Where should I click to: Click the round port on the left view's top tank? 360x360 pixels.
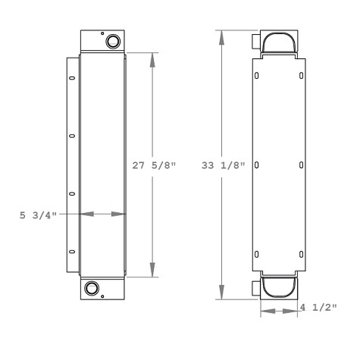click(x=112, y=40)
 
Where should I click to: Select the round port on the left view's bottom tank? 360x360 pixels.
click(x=92, y=288)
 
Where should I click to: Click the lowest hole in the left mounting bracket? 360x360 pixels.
click(x=72, y=252)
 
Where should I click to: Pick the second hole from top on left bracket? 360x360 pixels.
click(x=72, y=136)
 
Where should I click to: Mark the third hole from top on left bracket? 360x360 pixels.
click(x=72, y=194)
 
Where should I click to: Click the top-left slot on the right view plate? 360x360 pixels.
click(x=257, y=75)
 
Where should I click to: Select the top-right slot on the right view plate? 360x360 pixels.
click(x=302, y=75)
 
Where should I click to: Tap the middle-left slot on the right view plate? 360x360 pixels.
click(x=257, y=164)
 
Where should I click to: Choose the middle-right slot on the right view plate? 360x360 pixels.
click(x=302, y=164)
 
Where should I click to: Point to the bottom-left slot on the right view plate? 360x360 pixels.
click(x=257, y=253)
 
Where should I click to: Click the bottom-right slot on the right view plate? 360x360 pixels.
click(x=302, y=253)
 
